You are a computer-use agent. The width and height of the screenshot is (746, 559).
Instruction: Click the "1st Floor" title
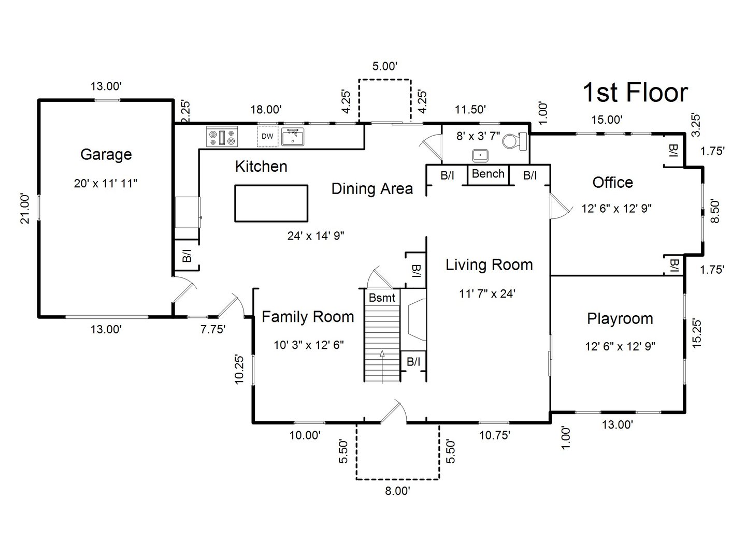(635, 93)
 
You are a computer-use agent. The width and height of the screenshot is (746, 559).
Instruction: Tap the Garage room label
(106, 154)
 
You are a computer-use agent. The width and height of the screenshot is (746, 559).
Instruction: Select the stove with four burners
(222, 137)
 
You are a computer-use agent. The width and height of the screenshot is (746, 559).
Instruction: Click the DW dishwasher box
(267, 137)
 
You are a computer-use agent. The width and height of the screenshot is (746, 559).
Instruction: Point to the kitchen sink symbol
(293, 137)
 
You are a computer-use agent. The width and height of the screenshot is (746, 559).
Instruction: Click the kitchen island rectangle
(271, 203)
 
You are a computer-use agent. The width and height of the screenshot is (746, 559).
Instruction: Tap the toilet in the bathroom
(515, 140)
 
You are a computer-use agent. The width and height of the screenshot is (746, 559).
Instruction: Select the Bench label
(488, 174)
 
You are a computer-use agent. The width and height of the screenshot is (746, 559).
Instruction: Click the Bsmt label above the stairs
(382, 298)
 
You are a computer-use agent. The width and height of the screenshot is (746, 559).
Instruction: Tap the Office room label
(612, 182)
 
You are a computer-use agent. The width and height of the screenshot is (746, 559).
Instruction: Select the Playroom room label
(620, 318)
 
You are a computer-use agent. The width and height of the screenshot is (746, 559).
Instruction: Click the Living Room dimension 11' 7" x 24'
(487, 293)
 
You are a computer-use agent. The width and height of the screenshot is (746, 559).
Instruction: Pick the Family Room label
(308, 317)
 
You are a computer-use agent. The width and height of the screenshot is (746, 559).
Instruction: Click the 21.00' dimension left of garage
(25, 209)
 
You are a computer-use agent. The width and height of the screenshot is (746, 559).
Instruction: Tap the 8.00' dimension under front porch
(397, 491)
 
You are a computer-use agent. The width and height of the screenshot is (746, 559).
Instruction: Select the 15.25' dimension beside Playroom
(697, 333)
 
